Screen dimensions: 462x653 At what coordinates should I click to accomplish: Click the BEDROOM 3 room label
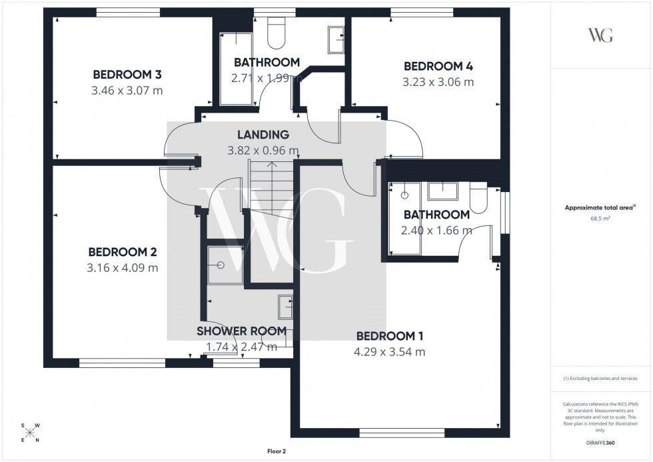[127, 74]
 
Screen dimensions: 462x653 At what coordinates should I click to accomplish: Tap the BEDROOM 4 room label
[438, 66]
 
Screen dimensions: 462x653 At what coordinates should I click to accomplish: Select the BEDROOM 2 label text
[123, 252]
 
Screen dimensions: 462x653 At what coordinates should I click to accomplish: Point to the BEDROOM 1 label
[390, 336]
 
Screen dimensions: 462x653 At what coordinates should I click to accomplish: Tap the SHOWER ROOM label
[241, 331]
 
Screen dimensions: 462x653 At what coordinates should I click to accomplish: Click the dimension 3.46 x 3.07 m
[127, 90]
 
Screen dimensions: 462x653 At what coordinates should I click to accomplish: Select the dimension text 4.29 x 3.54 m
[390, 352]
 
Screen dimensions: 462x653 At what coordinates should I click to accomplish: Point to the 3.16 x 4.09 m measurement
[123, 268]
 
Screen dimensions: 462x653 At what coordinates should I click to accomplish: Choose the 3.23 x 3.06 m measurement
[438, 83]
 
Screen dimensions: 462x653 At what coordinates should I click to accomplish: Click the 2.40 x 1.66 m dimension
[436, 231]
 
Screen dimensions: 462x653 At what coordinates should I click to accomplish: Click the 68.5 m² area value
[601, 218]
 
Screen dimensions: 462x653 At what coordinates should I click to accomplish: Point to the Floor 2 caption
[275, 451]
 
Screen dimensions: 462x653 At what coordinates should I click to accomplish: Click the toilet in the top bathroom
[275, 29]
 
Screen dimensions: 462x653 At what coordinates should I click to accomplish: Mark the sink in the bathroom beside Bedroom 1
[442, 191]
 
